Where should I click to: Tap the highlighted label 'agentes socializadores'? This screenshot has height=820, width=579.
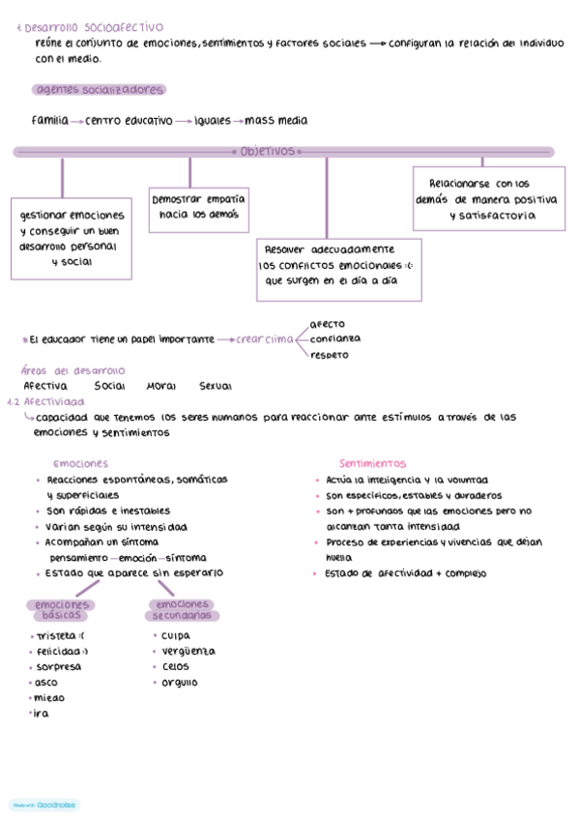[99, 90]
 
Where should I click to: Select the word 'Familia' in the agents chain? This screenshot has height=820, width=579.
[49, 121]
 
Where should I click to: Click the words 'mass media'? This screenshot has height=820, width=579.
[276, 121]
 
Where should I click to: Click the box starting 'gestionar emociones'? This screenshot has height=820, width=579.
[72, 238]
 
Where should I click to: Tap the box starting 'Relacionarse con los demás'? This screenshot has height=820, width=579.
[488, 199]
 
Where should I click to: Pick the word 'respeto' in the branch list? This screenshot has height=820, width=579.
[330, 354]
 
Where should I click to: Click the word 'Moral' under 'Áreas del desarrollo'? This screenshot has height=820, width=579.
[161, 386]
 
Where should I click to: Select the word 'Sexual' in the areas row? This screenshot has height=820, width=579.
[215, 386]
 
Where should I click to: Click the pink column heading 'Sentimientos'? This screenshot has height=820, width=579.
[372, 463]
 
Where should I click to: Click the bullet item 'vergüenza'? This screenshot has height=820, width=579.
[188, 651]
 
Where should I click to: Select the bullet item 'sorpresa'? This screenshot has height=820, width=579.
[57, 666]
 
